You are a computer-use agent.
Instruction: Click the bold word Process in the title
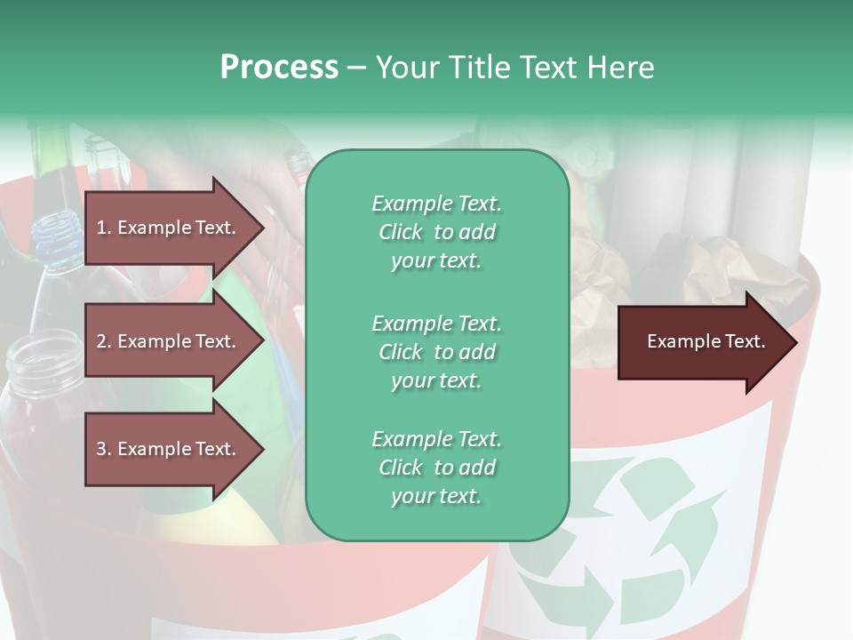tap(278, 68)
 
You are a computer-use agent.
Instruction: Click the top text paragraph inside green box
tap(436, 232)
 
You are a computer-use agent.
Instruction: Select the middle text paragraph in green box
tap(436, 352)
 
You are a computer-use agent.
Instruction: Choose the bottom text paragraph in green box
tap(436, 468)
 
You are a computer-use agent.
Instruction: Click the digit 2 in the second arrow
tap(100, 341)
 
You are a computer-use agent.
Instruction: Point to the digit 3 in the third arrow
tap(100, 449)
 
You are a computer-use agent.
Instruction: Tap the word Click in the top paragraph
tap(401, 232)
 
